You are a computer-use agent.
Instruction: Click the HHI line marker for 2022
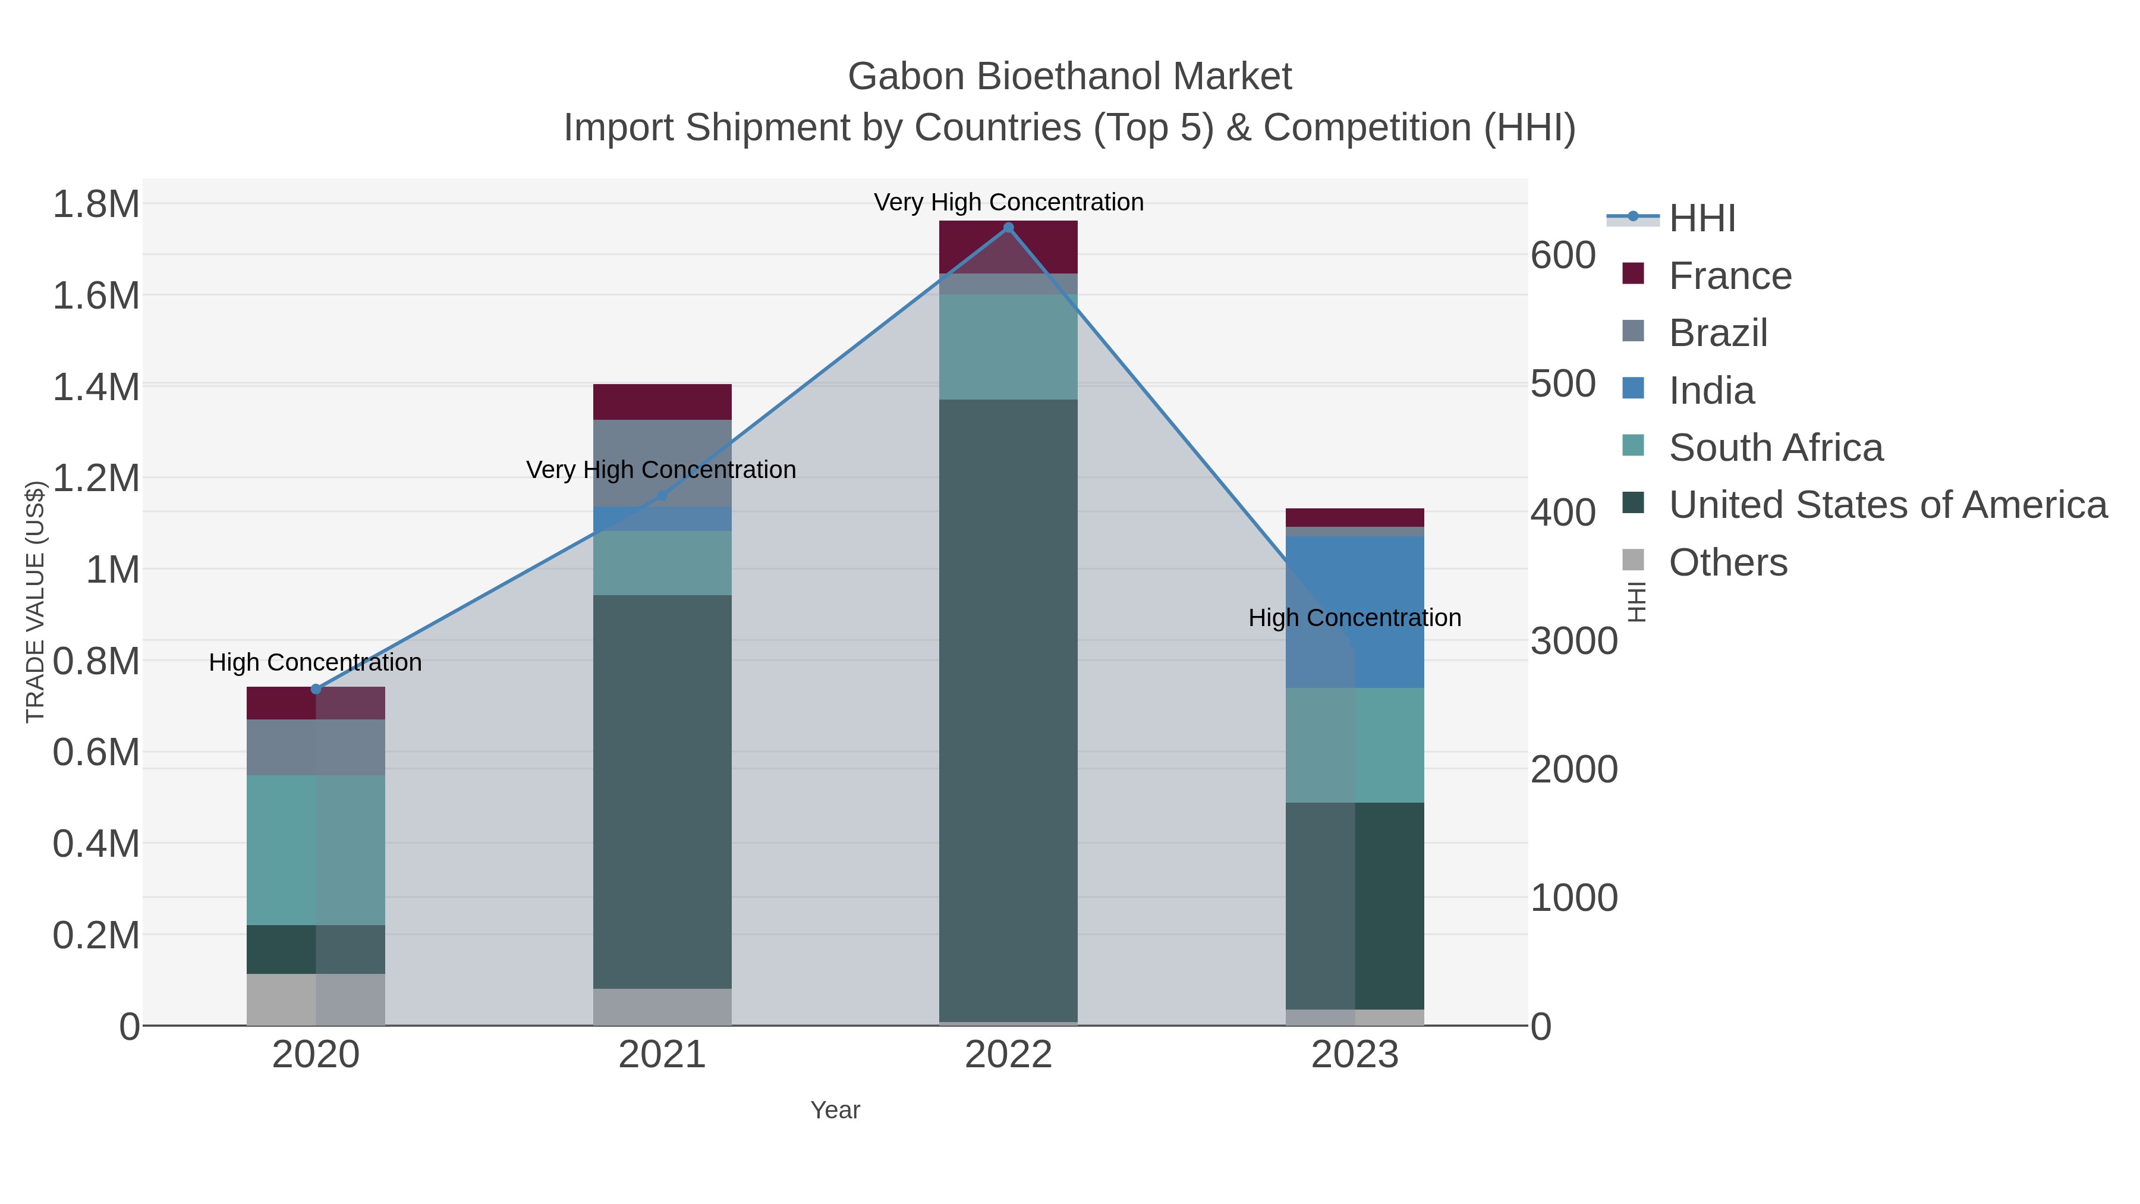(x=1009, y=228)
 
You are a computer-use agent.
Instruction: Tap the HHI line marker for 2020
(x=316, y=689)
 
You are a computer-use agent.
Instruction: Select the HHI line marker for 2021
(x=662, y=496)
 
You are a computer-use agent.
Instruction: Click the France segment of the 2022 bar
(x=1009, y=247)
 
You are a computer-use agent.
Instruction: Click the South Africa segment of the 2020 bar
(x=316, y=849)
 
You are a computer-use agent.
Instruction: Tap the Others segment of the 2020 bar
(x=316, y=999)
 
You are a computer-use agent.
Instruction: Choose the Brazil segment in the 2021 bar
(x=662, y=463)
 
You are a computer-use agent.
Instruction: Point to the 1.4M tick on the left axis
(x=96, y=387)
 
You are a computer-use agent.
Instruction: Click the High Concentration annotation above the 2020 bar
(x=316, y=662)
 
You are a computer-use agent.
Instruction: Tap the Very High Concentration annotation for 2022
(x=1009, y=202)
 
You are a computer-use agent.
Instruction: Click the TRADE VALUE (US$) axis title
(x=35, y=602)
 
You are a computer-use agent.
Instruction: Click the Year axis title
(x=835, y=1110)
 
